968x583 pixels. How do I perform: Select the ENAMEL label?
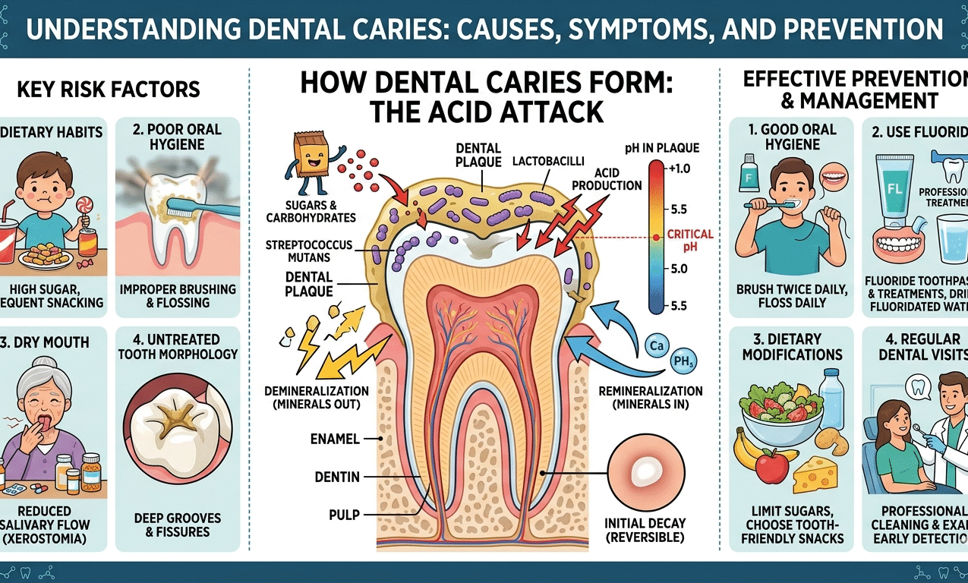(335, 439)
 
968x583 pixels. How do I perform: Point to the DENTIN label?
(336, 477)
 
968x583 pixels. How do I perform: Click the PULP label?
(345, 514)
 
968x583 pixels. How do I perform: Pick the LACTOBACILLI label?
(544, 161)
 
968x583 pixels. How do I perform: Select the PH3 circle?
(684, 363)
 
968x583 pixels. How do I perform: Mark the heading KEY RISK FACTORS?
(109, 89)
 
